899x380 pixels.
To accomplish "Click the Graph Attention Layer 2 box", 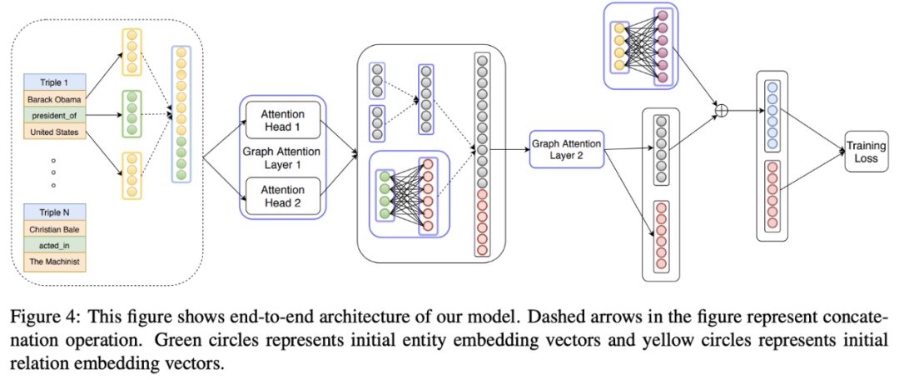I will [566, 149].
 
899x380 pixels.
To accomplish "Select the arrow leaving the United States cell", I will [103, 147].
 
